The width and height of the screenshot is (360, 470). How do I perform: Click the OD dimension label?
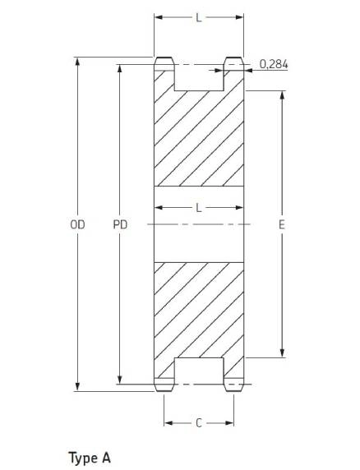click(77, 224)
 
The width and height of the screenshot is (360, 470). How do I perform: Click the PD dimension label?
click(120, 224)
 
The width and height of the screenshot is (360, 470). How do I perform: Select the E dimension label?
click(281, 224)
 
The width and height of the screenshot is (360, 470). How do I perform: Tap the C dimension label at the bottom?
click(198, 423)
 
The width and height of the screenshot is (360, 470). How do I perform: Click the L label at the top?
click(199, 18)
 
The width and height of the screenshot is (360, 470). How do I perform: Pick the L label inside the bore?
click(199, 207)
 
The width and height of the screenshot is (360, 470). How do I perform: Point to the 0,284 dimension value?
click(274, 64)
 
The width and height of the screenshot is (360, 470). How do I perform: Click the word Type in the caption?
click(83, 458)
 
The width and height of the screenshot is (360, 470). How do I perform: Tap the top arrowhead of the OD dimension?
click(77, 61)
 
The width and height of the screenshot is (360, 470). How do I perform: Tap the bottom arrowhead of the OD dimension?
click(77, 387)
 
